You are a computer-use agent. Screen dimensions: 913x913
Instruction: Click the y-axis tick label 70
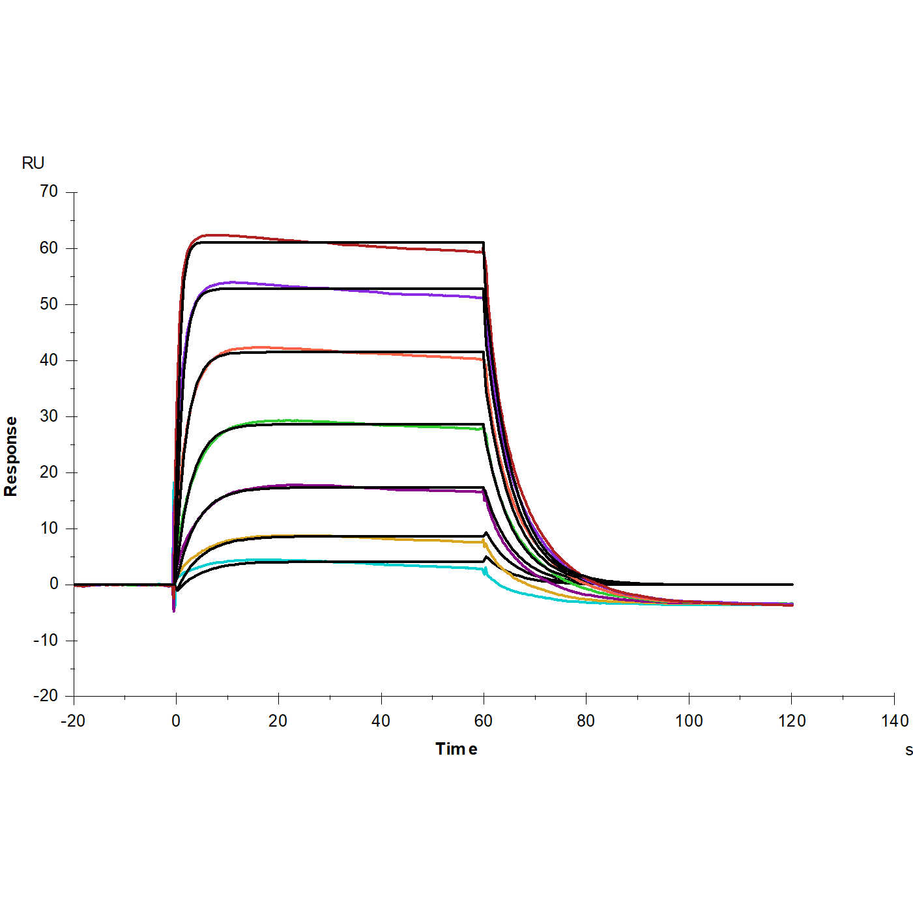coord(49,192)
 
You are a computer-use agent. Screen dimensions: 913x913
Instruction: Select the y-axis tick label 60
coord(49,248)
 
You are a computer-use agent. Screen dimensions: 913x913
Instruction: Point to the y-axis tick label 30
coord(49,416)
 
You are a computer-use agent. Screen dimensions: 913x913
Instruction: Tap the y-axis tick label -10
coord(46,640)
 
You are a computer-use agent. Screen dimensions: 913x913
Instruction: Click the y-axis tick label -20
coord(46,696)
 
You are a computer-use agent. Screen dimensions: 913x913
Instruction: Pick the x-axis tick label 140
coord(895,721)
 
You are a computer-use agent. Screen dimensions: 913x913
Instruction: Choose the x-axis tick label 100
coord(689,721)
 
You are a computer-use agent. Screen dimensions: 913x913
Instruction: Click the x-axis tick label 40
coord(381,721)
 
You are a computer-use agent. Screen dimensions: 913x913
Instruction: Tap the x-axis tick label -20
coord(73,721)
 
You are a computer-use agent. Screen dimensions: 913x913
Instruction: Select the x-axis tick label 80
coord(586,721)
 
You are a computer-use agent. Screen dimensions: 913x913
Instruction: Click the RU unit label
coord(33,163)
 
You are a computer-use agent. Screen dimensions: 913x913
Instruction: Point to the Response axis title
coord(10,456)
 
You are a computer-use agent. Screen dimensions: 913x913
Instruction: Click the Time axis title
coord(456,749)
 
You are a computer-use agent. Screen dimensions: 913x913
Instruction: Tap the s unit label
coord(908,750)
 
